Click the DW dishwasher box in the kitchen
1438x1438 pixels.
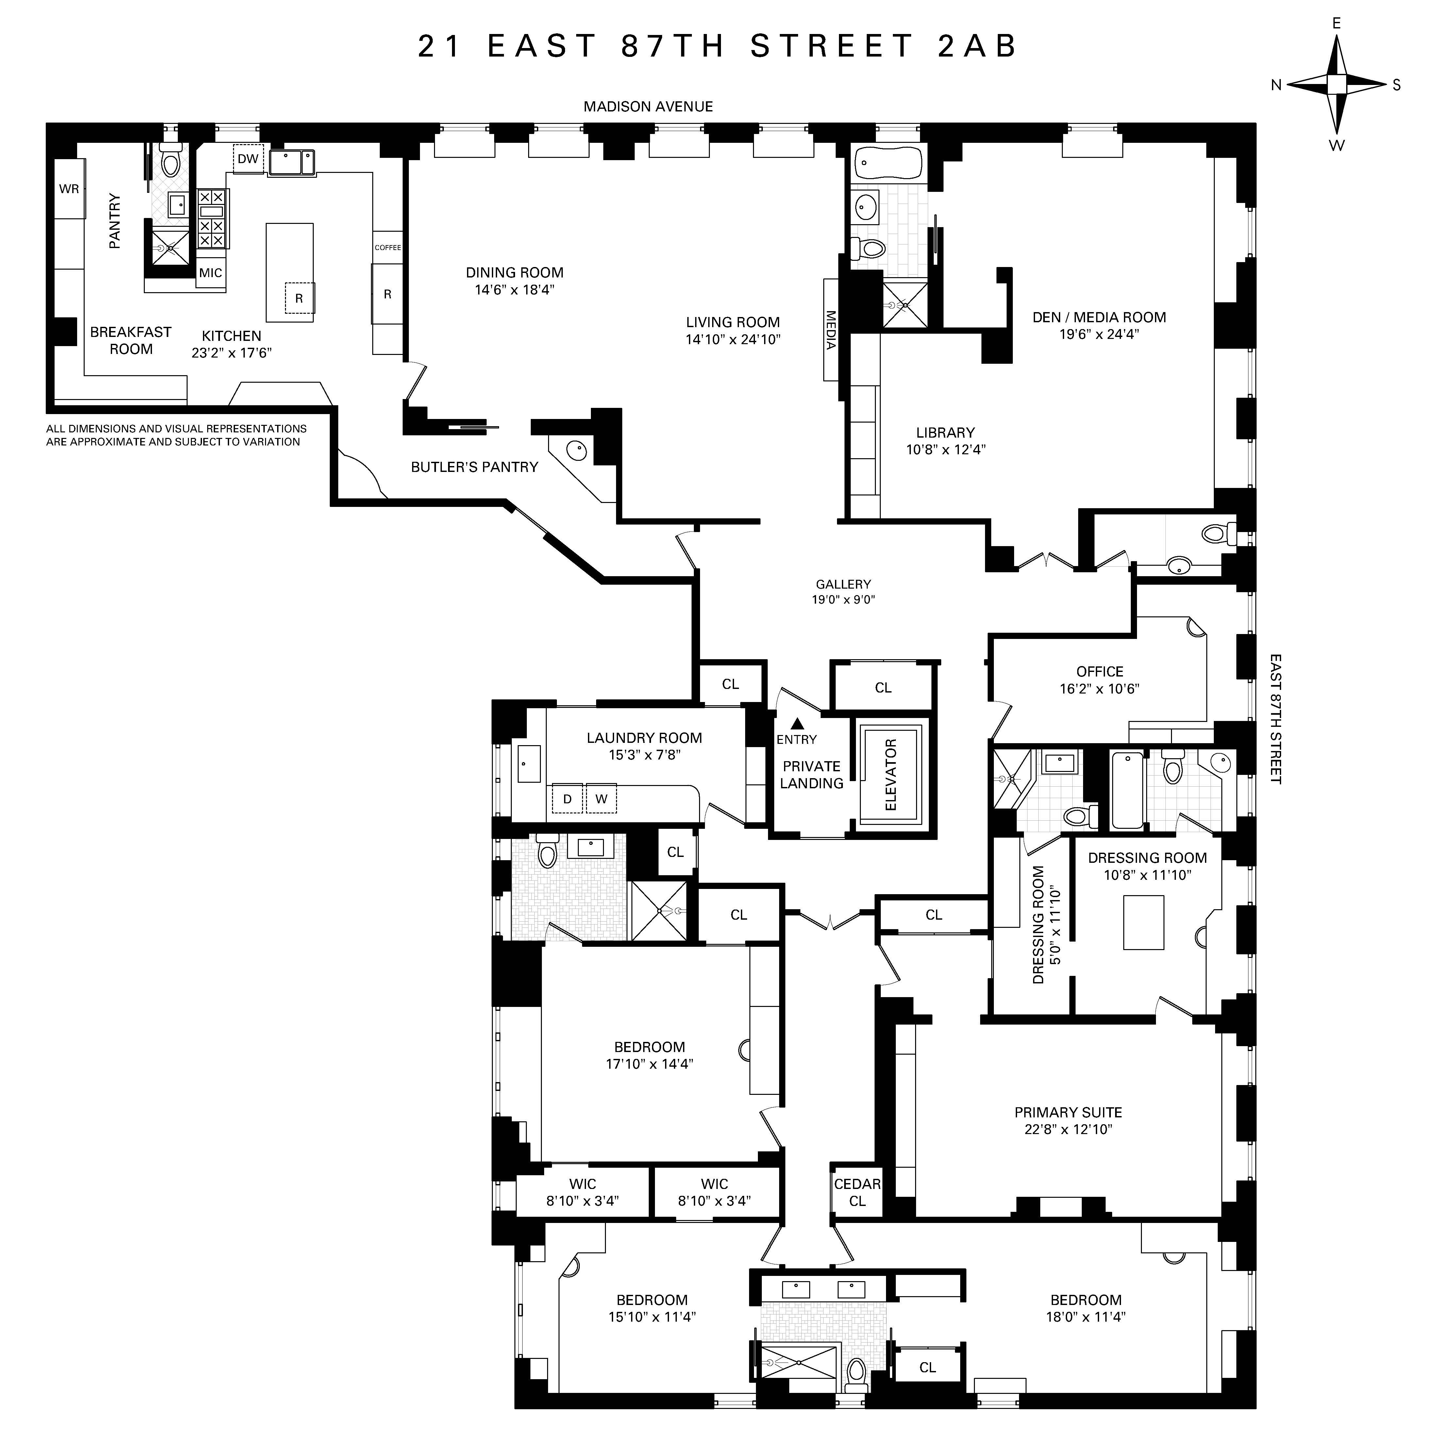coord(248,159)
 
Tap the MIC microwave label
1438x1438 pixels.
coord(211,273)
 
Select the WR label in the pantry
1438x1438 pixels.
coord(69,189)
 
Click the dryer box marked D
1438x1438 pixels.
coord(567,799)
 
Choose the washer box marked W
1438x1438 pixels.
coord(601,799)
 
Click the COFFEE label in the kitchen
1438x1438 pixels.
coord(388,247)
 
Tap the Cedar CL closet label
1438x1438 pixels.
coord(858,1192)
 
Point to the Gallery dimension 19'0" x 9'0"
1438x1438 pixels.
coord(843,599)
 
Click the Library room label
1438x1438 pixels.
coord(945,432)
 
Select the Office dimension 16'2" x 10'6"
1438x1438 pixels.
coord(1099,689)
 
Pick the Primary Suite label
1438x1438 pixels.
coord(1068,1112)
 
